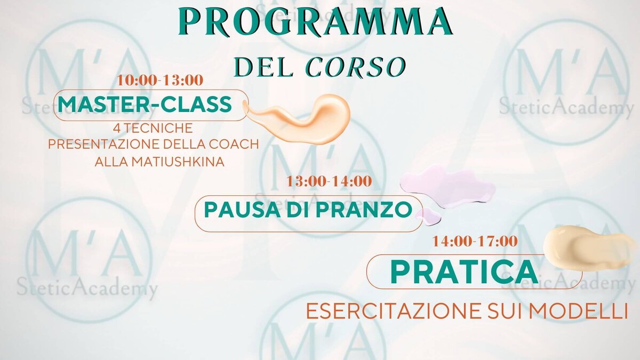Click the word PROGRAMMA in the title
315,21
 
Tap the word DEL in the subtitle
263,67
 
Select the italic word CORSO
355,67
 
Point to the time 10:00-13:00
160,81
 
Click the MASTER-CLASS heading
145,105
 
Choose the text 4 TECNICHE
153,128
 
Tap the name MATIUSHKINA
178,162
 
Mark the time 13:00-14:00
329,181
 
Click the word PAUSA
242,210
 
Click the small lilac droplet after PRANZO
429,216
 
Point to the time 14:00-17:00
475,242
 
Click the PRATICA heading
465,271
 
